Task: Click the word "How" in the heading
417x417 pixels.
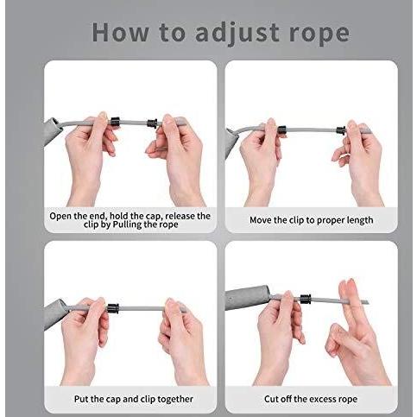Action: (120, 32)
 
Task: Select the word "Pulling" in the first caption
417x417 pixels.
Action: (126, 224)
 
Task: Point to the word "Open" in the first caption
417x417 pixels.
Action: (60, 217)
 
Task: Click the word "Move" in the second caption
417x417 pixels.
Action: (261, 220)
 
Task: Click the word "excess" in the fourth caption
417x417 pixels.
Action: (325, 400)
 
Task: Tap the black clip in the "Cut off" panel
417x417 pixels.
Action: (306, 299)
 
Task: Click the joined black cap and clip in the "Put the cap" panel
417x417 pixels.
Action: (113, 308)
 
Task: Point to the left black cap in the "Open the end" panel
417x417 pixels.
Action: (115, 122)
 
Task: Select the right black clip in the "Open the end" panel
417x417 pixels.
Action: (152, 123)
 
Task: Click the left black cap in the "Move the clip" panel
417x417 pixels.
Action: (281, 130)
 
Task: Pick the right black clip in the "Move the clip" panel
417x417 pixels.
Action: (341, 130)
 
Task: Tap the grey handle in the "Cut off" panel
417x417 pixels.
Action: (248, 298)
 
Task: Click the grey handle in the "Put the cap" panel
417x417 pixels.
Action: (54, 314)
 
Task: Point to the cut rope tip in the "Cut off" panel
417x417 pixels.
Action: (367, 302)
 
